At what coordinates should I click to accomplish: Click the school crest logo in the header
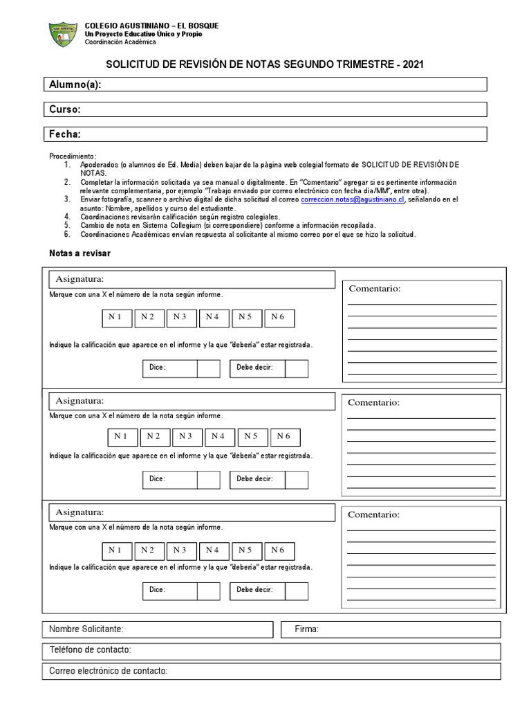pyautogui.click(x=64, y=35)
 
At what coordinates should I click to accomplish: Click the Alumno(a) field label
pyautogui.click(x=75, y=84)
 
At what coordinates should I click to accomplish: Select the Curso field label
pyautogui.click(x=65, y=109)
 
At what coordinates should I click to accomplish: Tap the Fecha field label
pyautogui.click(x=65, y=134)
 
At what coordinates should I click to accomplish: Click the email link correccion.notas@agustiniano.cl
pyautogui.click(x=353, y=199)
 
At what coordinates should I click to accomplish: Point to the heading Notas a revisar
pyautogui.click(x=80, y=254)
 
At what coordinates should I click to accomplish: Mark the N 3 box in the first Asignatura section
pyautogui.click(x=180, y=317)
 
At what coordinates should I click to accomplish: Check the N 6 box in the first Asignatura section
pyautogui.click(x=278, y=317)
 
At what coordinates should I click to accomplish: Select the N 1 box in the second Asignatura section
pyautogui.click(x=121, y=436)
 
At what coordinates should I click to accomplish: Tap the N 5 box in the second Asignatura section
pyautogui.click(x=251, y=436)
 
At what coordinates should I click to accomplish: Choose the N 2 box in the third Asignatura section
pyautogui.click(x=147, y=550)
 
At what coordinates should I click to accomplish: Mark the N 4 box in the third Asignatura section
pyautogui.click(x=212, y=550)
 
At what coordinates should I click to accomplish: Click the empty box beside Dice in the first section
pyautogui.click(x=209, y=368)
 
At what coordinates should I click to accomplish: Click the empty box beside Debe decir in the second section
pyautogui.click(x=297, y=480)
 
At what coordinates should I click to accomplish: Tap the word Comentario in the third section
pyautogui.click(x=373, y=515)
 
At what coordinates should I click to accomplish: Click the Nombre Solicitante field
pyautogui.click(x=158, y=629)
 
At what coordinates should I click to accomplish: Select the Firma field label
pyautogui.click(x=306, y=629)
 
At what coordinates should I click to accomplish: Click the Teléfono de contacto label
pyautogui.click(x=90, y=651)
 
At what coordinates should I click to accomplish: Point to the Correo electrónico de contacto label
pyautogui.click(x=109, y=672)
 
